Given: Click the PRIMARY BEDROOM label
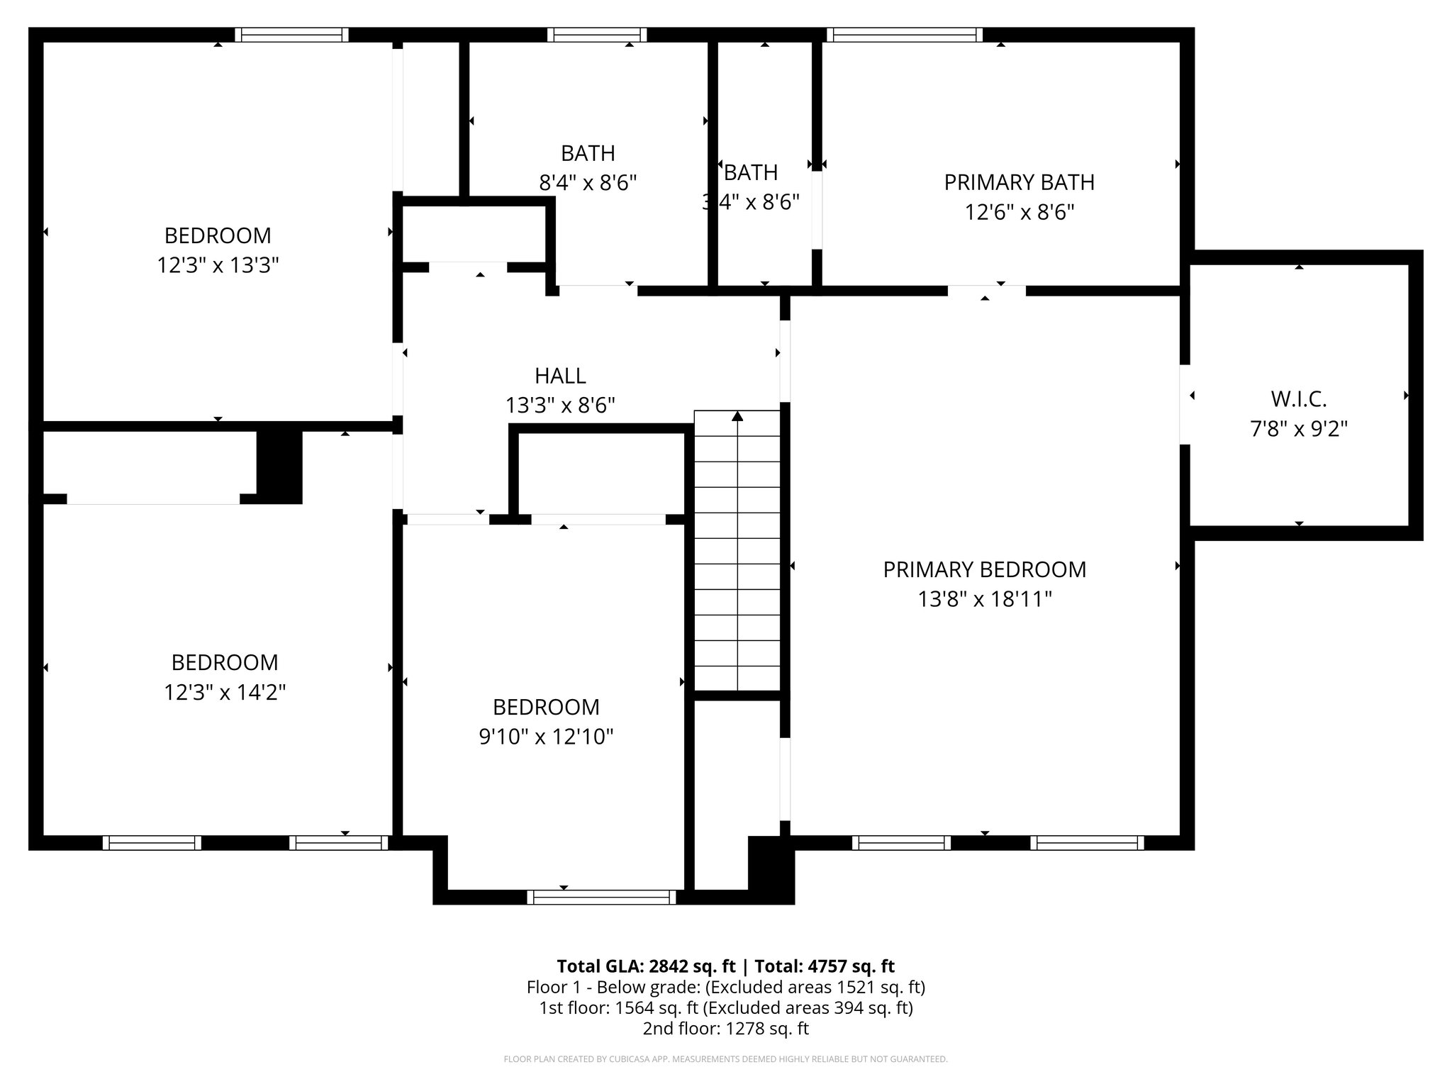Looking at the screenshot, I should pos(984,569).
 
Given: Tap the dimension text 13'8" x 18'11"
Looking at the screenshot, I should pos(984,600).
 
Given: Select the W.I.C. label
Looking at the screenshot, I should pos(1298,399).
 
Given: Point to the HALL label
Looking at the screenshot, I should pos(560,376).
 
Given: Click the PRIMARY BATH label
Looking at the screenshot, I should pos(1019,182).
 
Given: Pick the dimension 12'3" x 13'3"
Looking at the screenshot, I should pos(218,265).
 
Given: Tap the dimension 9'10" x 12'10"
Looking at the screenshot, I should pos(546,737).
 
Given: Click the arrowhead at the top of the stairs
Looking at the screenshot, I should pos(737,416).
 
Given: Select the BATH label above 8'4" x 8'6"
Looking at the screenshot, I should pos(588,153).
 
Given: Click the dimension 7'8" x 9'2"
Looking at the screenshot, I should pos(1298,429).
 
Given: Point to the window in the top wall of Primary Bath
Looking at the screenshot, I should pos(904,35).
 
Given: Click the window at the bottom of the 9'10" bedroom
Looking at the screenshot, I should pos(602,898).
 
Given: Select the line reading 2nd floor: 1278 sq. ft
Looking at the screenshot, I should pos(725,1028).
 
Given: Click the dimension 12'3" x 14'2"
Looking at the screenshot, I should pos(225,692).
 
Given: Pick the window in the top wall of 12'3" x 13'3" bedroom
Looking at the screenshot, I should pos(291,35).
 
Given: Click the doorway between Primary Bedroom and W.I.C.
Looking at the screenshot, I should pos(1185,404).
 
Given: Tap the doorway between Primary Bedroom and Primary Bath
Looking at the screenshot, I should pos(986,291).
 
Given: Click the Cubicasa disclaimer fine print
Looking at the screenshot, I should pos(725,1059).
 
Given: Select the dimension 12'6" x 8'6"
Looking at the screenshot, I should pos(1019,212).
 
